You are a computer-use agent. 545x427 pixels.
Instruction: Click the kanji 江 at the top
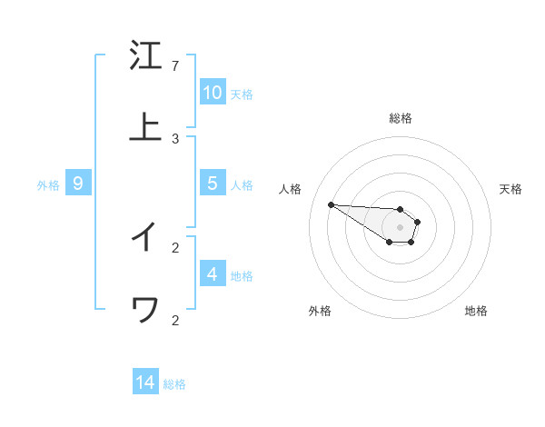(x=145, y=55)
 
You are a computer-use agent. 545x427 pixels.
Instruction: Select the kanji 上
(x=145, y=128)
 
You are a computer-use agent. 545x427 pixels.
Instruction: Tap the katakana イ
(x=145, y=237)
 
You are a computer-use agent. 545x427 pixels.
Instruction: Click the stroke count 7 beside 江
(x=175, y=66)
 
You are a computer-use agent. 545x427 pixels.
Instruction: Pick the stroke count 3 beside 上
(x=175, y=139)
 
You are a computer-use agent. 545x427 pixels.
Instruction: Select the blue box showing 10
(x=213, y=93)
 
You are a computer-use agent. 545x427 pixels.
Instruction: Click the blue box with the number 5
(x=213, y=184)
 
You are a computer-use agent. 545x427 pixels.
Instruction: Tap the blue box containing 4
(x=213, y=274)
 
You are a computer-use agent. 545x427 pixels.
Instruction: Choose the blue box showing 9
(x=78, y=184)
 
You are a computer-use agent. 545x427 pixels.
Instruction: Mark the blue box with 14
(x=145, y=382)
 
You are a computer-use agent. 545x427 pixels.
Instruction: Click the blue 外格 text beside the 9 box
(x=48, y=185)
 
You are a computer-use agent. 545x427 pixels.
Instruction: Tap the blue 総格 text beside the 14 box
(x=174, y=384)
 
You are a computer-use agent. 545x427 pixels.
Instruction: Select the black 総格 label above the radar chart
(x=400, y=118)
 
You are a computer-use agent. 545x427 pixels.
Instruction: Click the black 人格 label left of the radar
(x=290, y=189)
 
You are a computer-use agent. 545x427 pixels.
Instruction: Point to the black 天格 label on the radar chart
(x=510, y=189)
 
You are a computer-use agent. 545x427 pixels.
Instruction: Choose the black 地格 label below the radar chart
(x=476, y=311)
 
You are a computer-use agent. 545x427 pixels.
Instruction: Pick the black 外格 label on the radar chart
(x=320, y=311)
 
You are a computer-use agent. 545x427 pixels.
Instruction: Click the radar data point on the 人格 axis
(x=331, y=204)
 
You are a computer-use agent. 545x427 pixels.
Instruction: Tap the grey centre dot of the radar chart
(x=400, y=227)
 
